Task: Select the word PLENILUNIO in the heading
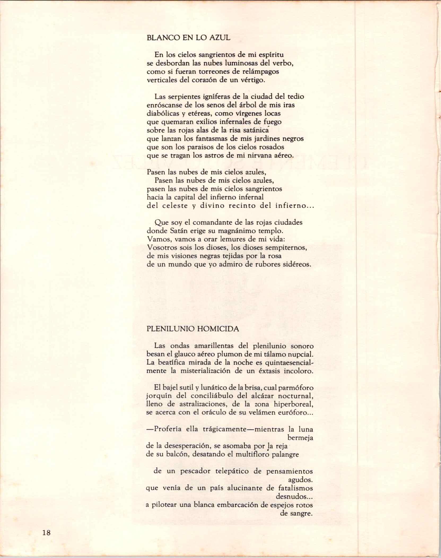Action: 169,329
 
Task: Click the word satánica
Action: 266,130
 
